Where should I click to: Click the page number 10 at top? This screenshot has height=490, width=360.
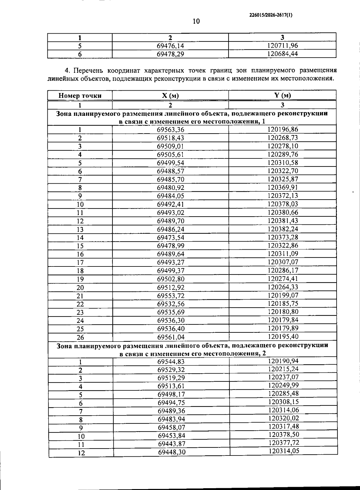(196, 21)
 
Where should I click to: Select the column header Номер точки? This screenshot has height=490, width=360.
(80, 96)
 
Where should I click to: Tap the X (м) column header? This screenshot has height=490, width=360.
(170, 96)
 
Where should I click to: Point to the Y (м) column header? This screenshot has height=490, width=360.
(282, 95)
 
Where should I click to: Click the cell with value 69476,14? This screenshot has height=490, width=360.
(170, 46)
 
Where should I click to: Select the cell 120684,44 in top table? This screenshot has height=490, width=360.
(282, 54)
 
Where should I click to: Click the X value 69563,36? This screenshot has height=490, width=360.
(170, 130)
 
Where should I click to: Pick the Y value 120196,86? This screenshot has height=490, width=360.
(283, 129)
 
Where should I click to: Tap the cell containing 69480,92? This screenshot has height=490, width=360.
(170, 188)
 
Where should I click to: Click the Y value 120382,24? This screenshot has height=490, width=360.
(283, 229)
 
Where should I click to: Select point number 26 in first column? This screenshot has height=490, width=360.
(80, 337)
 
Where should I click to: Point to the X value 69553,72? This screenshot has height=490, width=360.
(170, 296)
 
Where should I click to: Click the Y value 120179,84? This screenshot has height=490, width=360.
(283, 320)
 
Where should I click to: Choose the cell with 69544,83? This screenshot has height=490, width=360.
(171, 362)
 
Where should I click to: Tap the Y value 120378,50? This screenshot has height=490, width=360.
(283, 434)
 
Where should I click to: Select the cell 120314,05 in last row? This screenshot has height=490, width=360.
(283, 451)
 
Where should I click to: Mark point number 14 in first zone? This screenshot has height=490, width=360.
(80, 238)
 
